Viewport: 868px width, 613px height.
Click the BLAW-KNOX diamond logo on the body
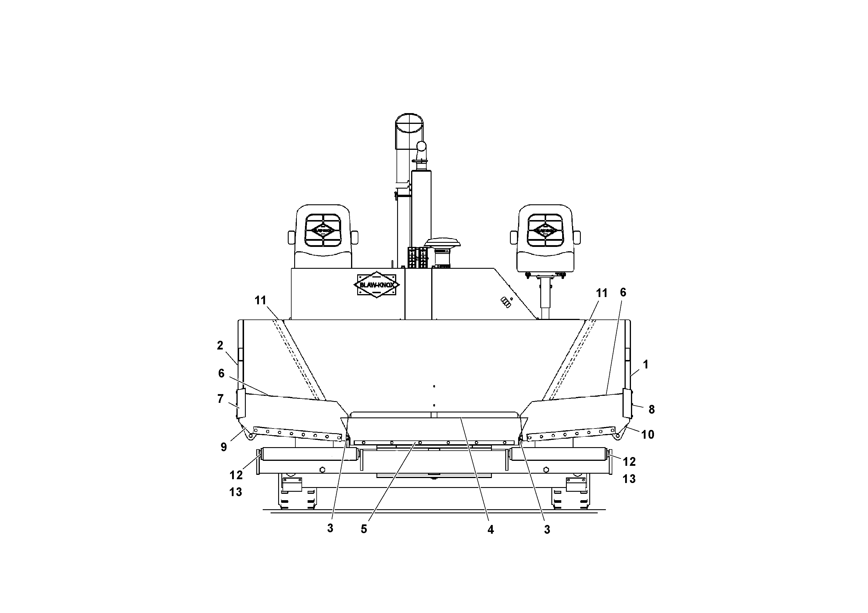pyautogui.click(x=376, y=284)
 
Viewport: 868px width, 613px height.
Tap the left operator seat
pyautogui.click(x=323, y=237)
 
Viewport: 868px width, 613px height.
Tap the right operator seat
pyautogui.click(x=545, y=237)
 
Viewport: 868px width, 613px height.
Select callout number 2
pyautogui.click(x=220, y=345)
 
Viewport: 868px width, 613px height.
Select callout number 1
pyautogui.click(x=646, y=364)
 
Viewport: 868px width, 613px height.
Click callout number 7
pyautogui.click(x=220, y=399)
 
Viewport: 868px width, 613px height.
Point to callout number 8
pyautogui.click(x=651, y=409)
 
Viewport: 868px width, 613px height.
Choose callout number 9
pyautogui.click(x=224, y=447)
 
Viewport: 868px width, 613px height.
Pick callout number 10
pyautogui.click(x=648, y=435)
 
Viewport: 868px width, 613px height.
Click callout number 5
pyautogui.click(x=364, y=529)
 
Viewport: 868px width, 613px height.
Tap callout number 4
pyautogui.click(x=490, y=529)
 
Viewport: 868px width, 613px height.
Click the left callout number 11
pyautogui.click(x=260, y=301)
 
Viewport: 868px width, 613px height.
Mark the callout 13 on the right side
pyautogui.click(x=629, y=479)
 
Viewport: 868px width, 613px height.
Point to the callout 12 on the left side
pyautogui.click(x=236, y=475)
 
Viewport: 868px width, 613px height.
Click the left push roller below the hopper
pyautogui.click(x=309, y=454)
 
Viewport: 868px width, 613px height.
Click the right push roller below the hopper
pyautogui.click(x=558, y=454)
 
